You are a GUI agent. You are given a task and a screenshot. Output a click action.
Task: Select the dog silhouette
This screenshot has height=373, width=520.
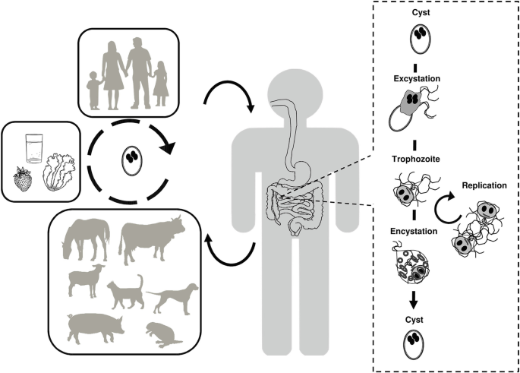[x=173, y=296]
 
